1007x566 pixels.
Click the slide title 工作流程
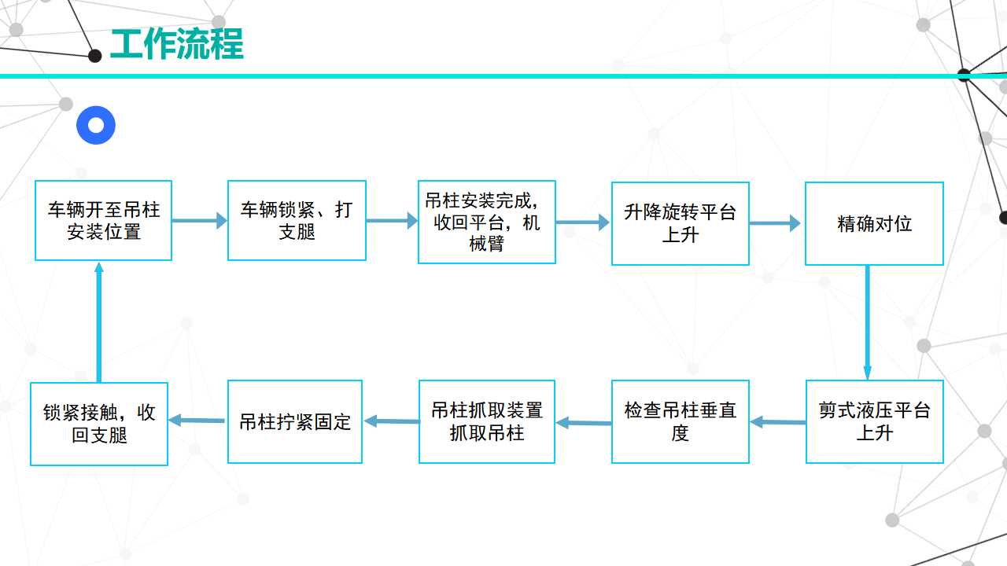coord(177,43)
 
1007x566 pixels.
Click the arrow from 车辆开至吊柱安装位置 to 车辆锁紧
coord(200,221)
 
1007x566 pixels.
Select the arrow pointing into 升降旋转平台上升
coord(583,222)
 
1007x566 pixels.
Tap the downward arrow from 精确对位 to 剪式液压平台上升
coord(868,322)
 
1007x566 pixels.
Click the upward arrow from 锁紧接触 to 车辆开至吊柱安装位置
coord(99,322)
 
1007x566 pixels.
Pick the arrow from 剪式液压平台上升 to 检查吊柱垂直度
coord(778,422)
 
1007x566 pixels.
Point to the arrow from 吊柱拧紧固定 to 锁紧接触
coord(197,421)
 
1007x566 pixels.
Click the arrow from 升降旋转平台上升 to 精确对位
coord(775,223)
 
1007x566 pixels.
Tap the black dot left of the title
coord(95,56)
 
